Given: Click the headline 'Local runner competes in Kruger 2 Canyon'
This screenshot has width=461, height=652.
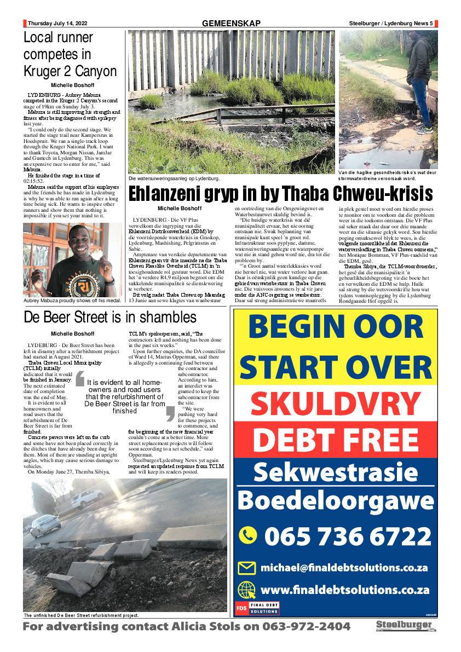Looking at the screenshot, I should tap(70, 55).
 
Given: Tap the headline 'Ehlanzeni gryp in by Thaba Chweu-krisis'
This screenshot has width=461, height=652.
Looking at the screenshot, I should tap(280, 194).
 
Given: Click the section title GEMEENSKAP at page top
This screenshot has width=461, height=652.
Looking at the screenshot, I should tap(231, 24).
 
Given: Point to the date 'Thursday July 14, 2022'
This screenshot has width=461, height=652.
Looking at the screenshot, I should tap(57, 24).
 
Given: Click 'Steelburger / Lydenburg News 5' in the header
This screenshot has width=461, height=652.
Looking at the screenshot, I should tap(391, 24).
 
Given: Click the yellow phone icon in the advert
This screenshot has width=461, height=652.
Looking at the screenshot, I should tap(249, 535).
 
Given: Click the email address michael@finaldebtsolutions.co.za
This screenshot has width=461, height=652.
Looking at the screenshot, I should tap(344, 567).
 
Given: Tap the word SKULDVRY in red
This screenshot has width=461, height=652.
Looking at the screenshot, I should tap(335, 404).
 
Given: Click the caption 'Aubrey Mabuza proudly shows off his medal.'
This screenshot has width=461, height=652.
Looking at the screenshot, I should tap(72, 299).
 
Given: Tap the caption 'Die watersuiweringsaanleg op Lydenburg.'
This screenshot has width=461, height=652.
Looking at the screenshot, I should tap(174, 178).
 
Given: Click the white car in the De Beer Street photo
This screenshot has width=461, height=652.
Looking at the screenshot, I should tap(87, 498).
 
